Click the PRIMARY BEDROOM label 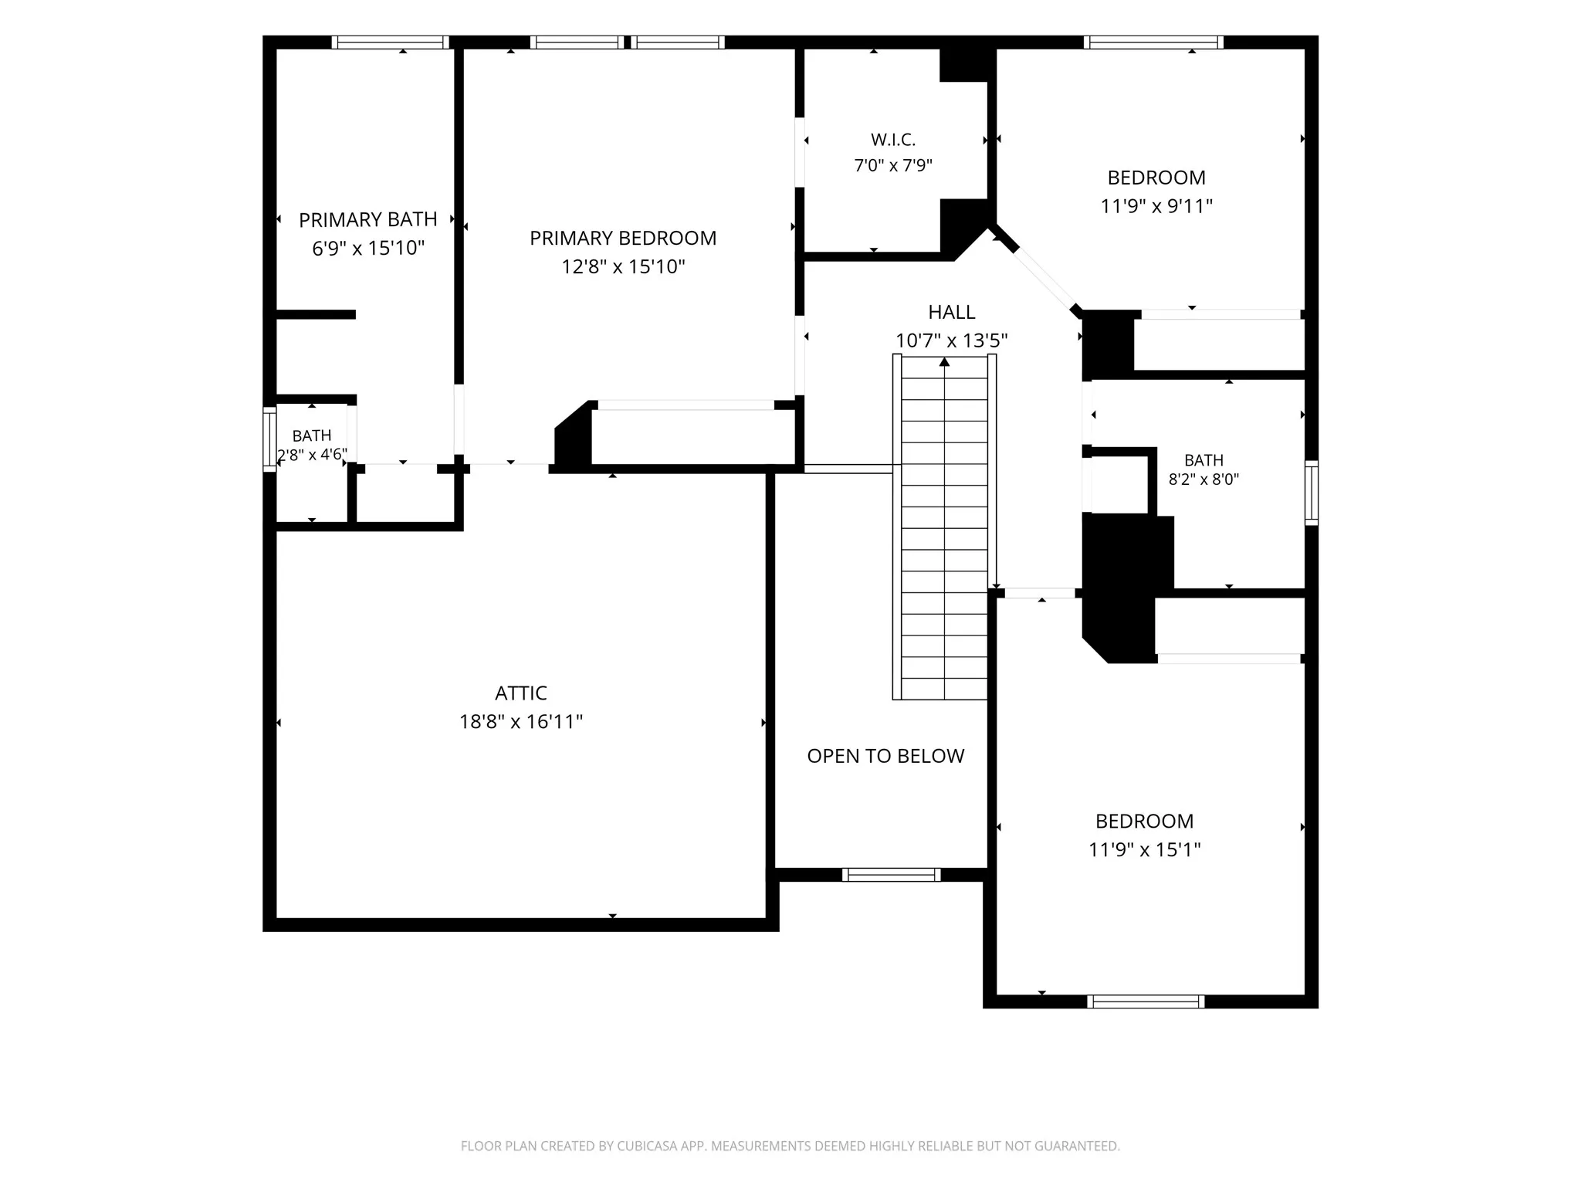coord(623,238)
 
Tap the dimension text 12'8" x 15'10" coord(623,266)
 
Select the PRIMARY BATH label coord(368,219)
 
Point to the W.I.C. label coord(893,140)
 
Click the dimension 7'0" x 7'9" coord(893,165)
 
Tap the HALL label coord(952,312)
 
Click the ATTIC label coord(521,693)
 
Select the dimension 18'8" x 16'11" coord(521,721)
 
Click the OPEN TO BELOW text coord(885,756)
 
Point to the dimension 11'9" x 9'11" coord(1156,206)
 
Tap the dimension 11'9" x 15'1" coord(1145,849)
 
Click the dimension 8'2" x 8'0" coord(1204,479)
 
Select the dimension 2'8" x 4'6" coord(312,455)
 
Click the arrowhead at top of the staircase coord(944,361)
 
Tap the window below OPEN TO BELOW coord(891,875)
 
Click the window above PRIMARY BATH coord(391,42)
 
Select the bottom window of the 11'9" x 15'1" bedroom coord(1146,1001)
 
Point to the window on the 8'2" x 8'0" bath coord(1312,493)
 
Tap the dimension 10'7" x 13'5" coord(952,341)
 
